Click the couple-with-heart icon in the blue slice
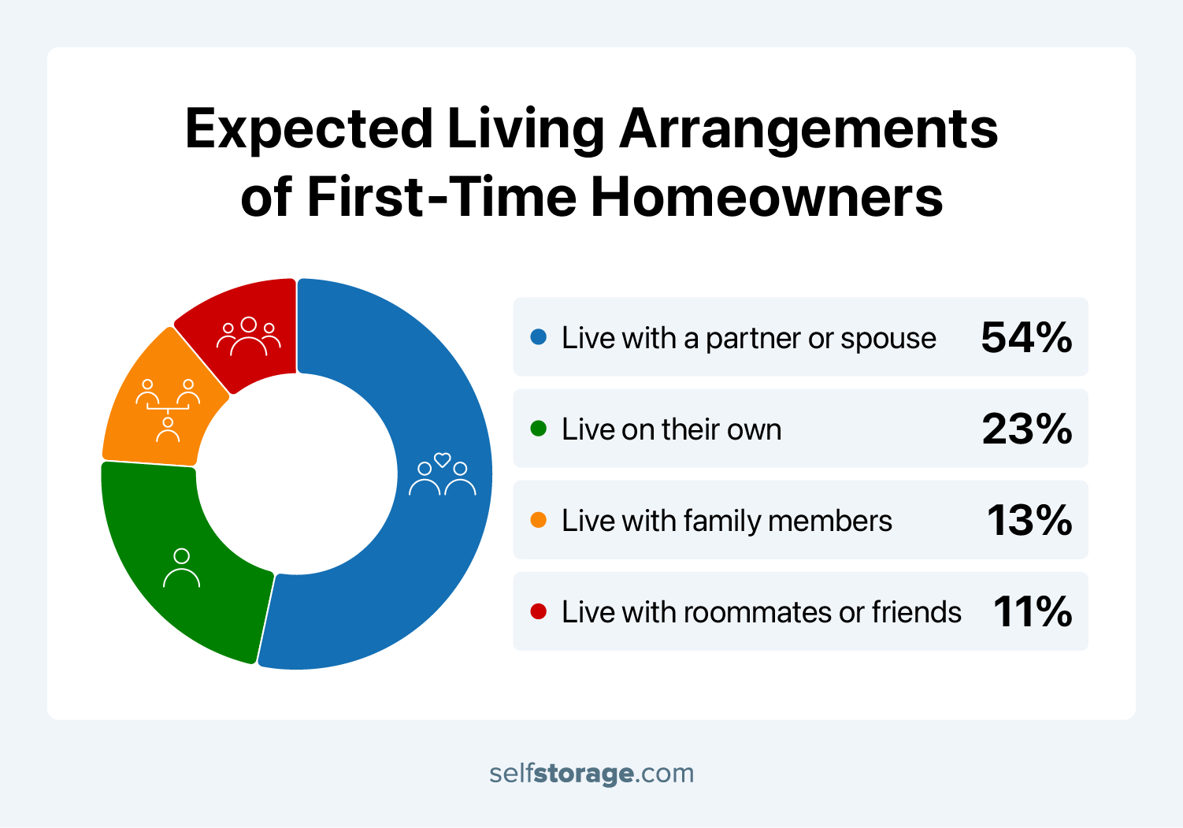tap(442, 474)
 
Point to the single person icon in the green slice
tap(181, 568)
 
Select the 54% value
tap(1025, 337)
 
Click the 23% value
tap(1026, 429)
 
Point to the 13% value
tap(1029, 521)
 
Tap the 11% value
tap(1032, 612)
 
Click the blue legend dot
tap(539, 337)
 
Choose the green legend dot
tap(539, 429)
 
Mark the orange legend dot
tap(539, 520)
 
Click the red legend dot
tap(539, 611)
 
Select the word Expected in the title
tap(309, 129)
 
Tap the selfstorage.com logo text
tap(591, 773)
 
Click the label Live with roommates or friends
tap(761, 612)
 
